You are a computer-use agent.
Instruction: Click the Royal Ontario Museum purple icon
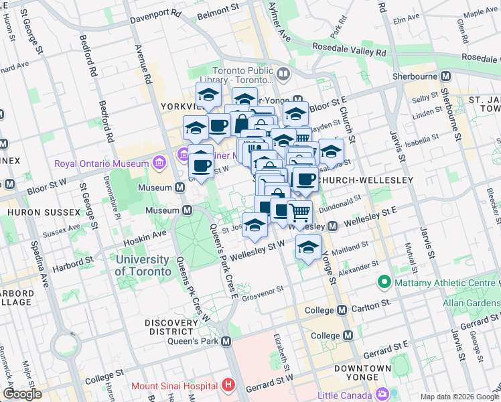[x=159, y=163]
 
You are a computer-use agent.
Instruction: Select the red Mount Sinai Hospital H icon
[x=228, y=385]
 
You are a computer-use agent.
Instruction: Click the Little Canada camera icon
[x=382, y=393]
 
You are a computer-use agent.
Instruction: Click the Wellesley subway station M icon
[x=333, y=227]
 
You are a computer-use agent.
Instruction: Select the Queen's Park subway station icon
[x=226, y=342]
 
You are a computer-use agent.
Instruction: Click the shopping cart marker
[x=299, y=212]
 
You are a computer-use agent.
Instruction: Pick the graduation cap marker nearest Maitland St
[x=308, y=247]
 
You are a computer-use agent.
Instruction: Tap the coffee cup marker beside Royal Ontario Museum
[x=201, y=163]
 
